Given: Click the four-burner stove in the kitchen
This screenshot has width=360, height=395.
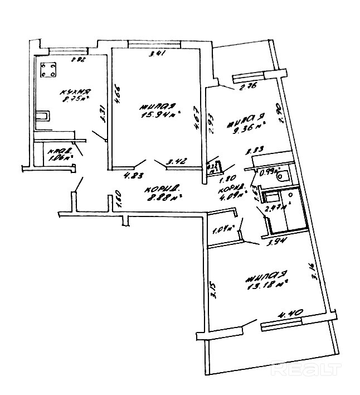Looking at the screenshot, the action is (47, 70).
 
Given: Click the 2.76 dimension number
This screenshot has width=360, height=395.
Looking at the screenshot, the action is (247, 86).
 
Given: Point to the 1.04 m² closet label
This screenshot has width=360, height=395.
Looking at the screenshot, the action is (224, 228).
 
